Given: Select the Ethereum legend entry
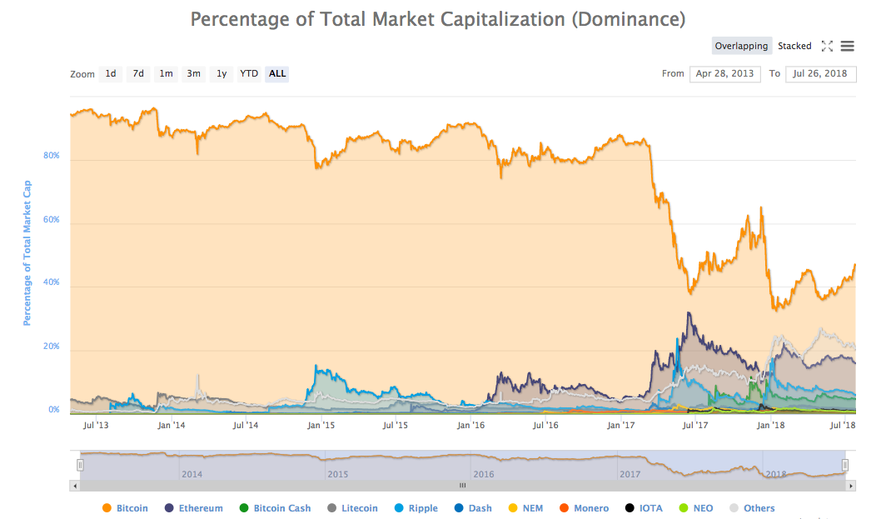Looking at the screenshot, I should [194, 508].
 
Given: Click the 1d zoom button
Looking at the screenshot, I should [111, 73].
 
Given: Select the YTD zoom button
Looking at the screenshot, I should [249, 73].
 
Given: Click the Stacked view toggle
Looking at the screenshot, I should [794, 46].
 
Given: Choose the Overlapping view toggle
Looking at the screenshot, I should [741, 46].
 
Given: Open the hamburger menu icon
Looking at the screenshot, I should [847, 46].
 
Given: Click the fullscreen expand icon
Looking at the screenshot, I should [827, 46].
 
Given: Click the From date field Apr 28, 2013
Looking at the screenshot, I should [724, 73].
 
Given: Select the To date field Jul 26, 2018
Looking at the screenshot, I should [819, 73].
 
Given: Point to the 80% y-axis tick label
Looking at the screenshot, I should [51, 156].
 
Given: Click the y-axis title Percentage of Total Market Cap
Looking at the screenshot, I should [27, 252].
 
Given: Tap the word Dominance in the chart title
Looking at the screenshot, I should [629, 17].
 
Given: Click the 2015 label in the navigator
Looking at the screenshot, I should [337, 474].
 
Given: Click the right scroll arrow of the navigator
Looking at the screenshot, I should [851, 485].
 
